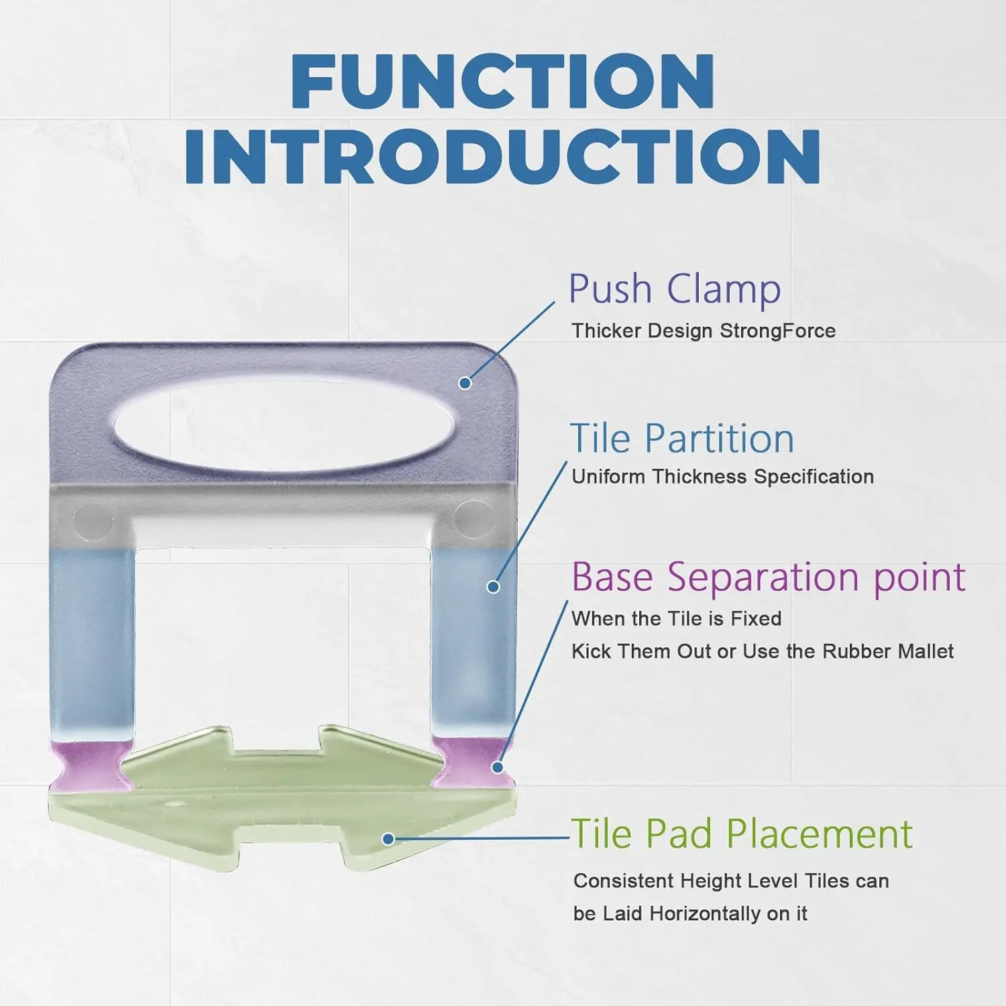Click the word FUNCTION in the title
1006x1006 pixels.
[x=503, y=82]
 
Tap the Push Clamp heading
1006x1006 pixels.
[x=675, y=290]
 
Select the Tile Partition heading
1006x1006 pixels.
[x=682, y=439]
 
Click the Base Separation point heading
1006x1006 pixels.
[x=769, y=577]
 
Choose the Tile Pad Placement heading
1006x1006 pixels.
[x=742, y=834]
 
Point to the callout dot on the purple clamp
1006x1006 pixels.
[x=465, y=383]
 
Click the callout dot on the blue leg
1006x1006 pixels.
[x=493, y=587]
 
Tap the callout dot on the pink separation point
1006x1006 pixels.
[x=498, y=767]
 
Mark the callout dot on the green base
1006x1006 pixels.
[x=388, y=839]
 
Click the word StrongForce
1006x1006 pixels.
[x=777, y=331]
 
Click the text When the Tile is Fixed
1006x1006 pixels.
[x=677, y=618]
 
